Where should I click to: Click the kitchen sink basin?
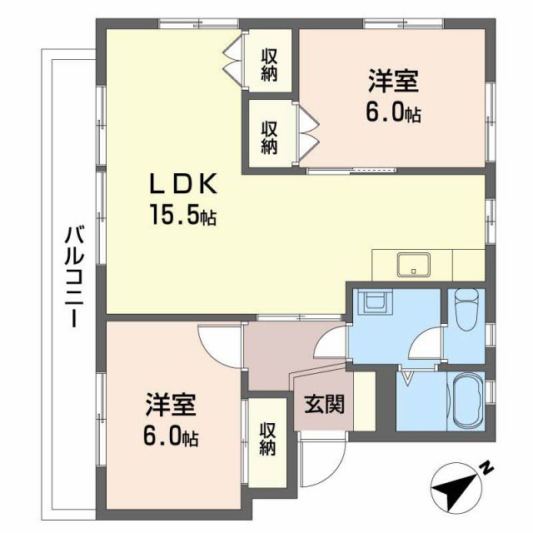413,264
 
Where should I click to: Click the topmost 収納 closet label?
269,63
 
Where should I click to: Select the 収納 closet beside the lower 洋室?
267,439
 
